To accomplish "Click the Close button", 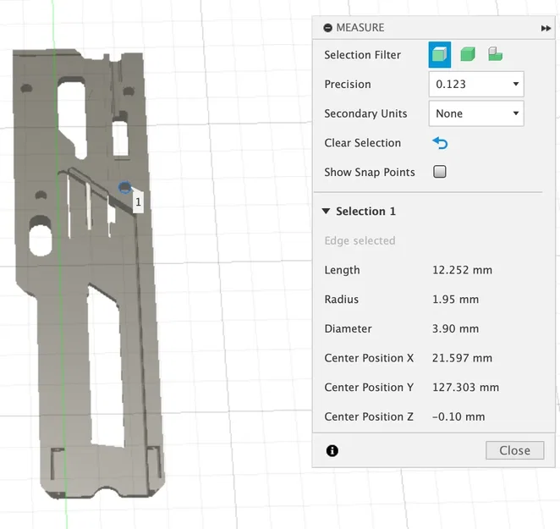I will (x=514, y=450).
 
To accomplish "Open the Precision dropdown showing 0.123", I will (x=475, y=84).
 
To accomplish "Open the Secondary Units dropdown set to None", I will (x=475, y=113).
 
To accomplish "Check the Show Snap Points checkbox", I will (x=439, y=172).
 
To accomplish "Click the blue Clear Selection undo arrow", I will (x=439, y=143).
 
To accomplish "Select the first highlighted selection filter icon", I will (x=440, y=55).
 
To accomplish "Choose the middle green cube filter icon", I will (x=468, y=55).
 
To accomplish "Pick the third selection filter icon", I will (x=495, y=55).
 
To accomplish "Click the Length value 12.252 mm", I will (x=462, y=270).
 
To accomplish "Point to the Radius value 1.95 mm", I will (x=455, y=300).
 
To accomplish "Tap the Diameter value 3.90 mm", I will (x=455, y=328).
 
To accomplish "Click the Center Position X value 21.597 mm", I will (x=462, y=358).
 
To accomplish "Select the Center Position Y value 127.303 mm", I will (x=465, y=387).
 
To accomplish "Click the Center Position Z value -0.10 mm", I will (x=458, y=416).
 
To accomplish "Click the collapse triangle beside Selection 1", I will (x=326, y=212).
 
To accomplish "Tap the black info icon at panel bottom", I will (x=332, y=450).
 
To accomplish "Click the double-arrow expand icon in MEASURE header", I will (x=546, y=28).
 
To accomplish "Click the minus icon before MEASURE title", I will (x=327, y=28).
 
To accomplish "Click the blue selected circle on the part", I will (x=125, y=188).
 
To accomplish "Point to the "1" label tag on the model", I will (x=138, y=202).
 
